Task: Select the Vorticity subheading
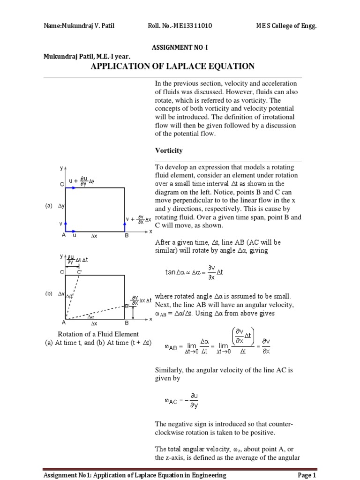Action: pos(169,151)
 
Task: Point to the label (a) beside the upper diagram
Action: pos(48,206)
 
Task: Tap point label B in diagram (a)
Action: pos(126,236)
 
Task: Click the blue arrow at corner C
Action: pos(70,188)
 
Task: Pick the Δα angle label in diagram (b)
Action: pos(91,317)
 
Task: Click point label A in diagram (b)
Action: pos(63,323)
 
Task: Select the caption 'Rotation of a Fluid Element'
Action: pos(98,334)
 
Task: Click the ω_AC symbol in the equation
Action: pos(170,401)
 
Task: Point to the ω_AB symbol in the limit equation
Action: pos(170,347)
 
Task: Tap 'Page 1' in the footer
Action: pos(307,475)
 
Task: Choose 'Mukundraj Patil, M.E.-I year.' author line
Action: pos(87,56)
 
